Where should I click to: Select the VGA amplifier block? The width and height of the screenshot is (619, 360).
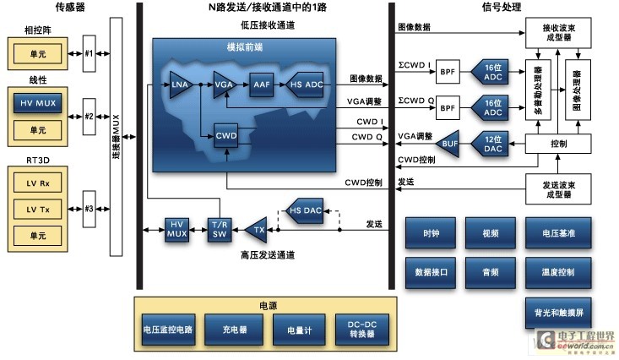point(223,85)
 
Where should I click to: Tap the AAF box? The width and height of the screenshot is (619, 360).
point(260,85)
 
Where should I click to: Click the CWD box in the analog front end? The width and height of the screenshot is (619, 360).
point(225,134)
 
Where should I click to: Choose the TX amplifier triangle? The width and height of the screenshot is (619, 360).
point(256,229)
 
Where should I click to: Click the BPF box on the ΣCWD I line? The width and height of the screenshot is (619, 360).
point(448,74)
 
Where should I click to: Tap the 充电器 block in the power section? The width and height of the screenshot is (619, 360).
point(236,331)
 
